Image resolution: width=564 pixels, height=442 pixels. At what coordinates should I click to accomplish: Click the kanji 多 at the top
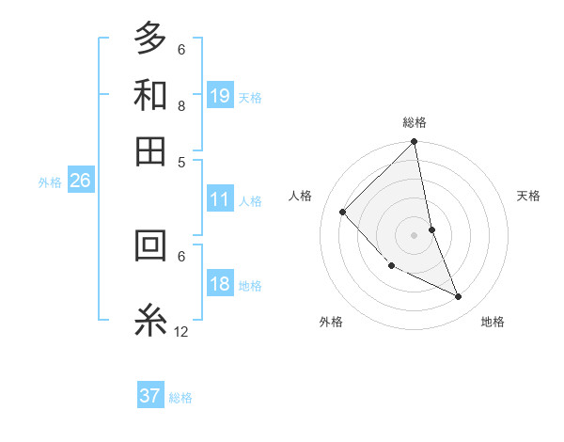click(151, 39)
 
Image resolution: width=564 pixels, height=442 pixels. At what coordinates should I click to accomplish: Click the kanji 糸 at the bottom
click(151, 320)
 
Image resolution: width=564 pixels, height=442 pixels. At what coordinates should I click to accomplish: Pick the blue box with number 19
click(220, 96)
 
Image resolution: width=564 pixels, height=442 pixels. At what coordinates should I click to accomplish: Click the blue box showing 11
click(220, 199)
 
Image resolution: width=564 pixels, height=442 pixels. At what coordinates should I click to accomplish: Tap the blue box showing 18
click(220, 285)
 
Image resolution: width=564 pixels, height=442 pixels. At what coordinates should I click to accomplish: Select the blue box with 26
click(80, 182)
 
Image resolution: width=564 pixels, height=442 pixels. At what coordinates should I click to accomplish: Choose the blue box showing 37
click(150, 396)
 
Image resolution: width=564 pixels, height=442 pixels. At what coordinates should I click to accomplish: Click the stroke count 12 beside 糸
click(181, 331)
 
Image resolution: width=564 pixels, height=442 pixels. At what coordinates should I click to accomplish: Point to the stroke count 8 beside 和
click(181, 105)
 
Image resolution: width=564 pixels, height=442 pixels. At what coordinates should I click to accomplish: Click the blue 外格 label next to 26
click(50, 182)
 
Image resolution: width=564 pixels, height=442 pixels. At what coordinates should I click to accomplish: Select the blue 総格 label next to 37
click(180, 398)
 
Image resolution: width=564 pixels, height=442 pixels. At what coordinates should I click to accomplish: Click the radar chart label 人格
click(301, 196)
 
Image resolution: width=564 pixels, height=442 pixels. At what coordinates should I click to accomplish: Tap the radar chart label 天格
click(529, 196)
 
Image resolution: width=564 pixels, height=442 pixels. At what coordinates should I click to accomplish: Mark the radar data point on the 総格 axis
click(415, 143)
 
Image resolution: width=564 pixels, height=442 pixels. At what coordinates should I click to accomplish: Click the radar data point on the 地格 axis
click(459, 297)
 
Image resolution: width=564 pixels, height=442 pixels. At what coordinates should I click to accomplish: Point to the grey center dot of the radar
click(415, 235)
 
